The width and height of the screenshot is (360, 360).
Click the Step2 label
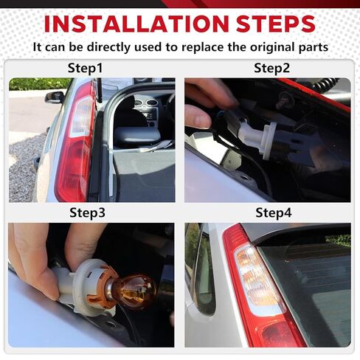click(x=272, y=69)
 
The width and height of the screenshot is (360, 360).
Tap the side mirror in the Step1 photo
click(x=55, y=97)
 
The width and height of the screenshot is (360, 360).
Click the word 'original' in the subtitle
click(x=269, y=46)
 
